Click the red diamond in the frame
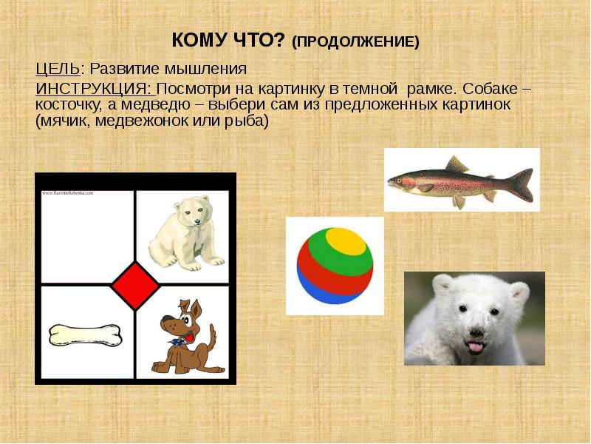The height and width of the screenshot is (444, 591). [x=135, y=285]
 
